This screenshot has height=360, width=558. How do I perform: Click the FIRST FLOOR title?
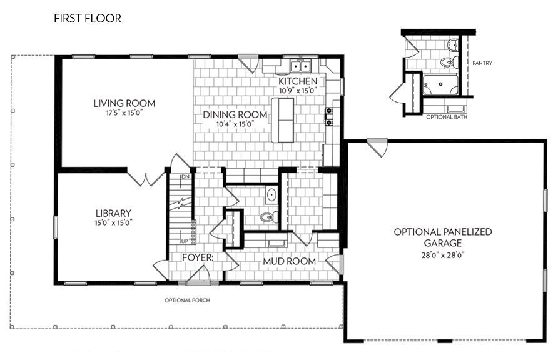(x=88, y=19)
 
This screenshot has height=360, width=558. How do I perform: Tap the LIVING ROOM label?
(x=124, y=103)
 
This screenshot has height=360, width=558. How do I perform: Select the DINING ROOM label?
(x=235, y=114)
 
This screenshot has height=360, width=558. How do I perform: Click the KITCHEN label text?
(x=298, y=81)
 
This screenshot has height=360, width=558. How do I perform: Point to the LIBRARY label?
(x=113, y=212)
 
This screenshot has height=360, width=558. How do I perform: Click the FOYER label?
(x=197, y=257)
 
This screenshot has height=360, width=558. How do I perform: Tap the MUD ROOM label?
(x=289, y=261)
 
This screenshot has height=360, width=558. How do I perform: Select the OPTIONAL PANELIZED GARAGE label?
(x=442, y=237)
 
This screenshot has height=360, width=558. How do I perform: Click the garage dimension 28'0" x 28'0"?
(x=442, y=255)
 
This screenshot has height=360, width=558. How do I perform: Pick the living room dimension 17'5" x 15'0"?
(x=124, y=113)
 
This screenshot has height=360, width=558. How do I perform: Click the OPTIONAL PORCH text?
(x=187, y=300)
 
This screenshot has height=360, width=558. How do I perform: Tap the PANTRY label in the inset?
(x=482, y=62)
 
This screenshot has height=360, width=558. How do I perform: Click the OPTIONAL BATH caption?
(x=444, y=117)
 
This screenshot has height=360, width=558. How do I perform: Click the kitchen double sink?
(x=302, y=66)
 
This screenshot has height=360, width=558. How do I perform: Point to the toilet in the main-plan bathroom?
(x=266, y=217)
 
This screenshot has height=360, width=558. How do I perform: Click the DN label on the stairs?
(x=185, y=177)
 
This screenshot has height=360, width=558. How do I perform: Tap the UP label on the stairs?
(x=185, y=241)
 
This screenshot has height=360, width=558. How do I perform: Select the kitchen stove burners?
(x=328, y=117)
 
